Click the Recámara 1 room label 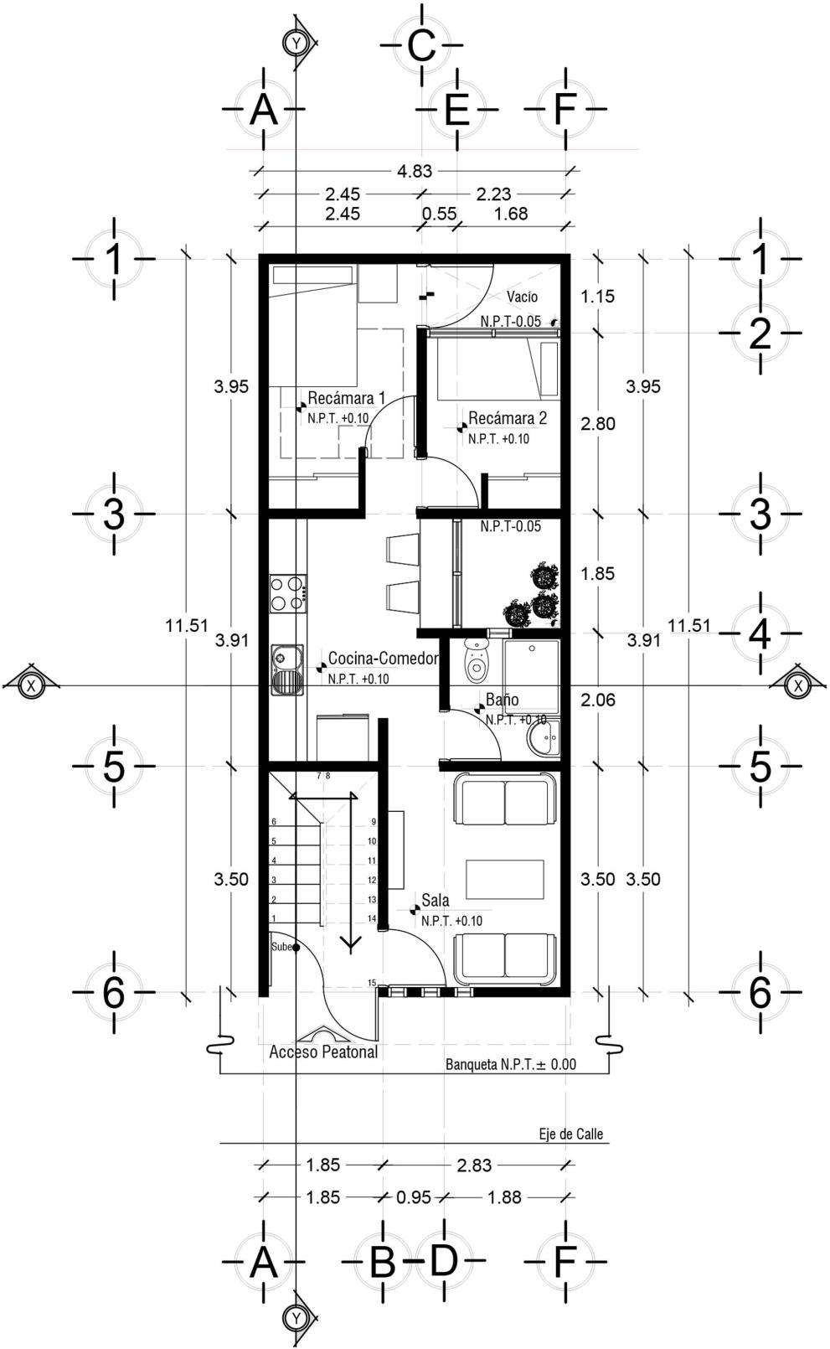tap(346, 398)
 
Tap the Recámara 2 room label tap(508, 418)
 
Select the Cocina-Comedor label tap(383, 659)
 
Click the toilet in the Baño tap(476, 660)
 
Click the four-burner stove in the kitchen tap(287, 593)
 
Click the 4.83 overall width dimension tap(415, 171)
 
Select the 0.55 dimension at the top tap(439, 214)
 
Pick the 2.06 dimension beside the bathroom tap(598, 700)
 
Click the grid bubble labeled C tap(421, 45)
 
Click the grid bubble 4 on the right tap(760, 633)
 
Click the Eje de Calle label tap(571, 1134)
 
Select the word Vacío tap(522, 297)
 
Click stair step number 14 tap(372, 918)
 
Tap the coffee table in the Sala tap(505, 879)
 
